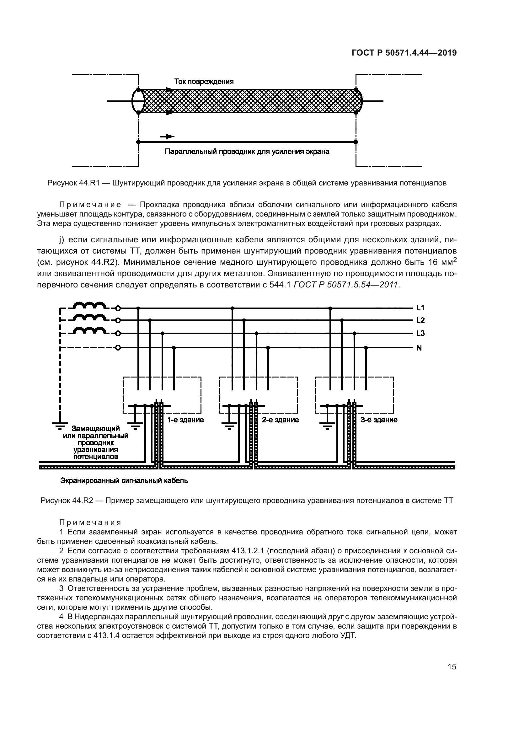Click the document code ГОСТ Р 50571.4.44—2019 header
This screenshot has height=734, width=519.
[404, 53]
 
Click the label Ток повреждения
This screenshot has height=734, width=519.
[204, 82]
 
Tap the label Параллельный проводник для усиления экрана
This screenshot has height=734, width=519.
[247, 152]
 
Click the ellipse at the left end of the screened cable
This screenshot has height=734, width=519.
[138, 101]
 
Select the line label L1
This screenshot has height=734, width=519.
[420, 308]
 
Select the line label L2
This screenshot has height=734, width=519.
[420, 320]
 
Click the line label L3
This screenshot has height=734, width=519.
[420, 334]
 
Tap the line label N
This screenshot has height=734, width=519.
[419, 348]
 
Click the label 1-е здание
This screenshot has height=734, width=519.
[185, 420]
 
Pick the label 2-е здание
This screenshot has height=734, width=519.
[280, 420]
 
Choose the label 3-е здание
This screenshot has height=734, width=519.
[379, 420]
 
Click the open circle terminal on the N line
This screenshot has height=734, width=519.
[118, 348]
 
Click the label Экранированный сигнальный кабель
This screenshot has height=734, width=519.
[124, 481]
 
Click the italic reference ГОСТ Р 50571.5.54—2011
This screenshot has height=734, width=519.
[345, 285]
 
